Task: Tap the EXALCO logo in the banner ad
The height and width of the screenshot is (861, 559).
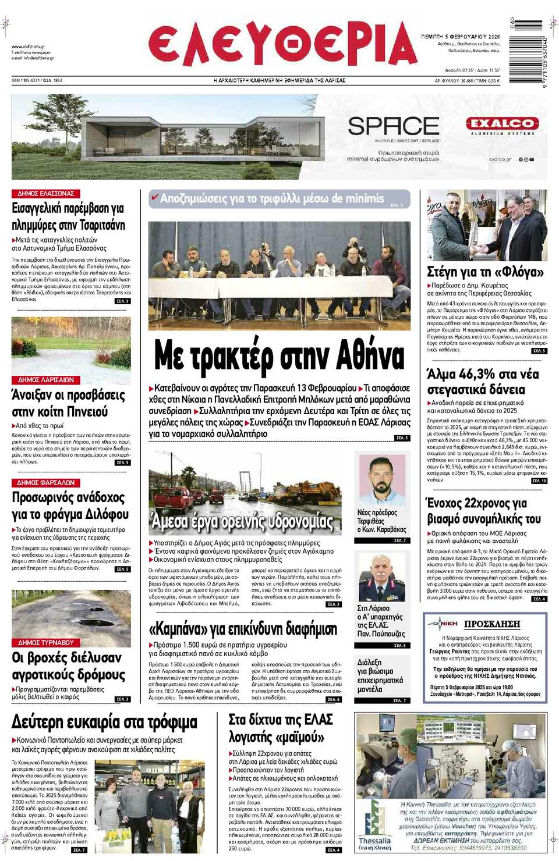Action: pos(502,124)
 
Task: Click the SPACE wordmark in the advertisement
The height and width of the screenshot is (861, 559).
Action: pos(394,126)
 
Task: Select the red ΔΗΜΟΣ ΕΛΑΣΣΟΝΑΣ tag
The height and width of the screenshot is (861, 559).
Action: pos(46,193)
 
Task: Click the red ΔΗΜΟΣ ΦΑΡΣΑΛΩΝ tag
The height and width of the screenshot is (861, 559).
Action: pos(46,482)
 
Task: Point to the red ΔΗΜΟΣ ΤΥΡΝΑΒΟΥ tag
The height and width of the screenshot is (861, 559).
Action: pos(46,642)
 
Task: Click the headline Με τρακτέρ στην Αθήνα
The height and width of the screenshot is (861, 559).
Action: pos(279,356)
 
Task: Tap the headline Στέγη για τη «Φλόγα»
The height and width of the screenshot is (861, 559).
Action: pos(485,272)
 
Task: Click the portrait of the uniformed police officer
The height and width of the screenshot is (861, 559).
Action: pos(381,578)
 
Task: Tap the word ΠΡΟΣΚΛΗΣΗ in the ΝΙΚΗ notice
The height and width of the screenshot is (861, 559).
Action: pos(492,624)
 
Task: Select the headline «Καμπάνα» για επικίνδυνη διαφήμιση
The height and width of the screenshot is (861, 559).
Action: pos(243,629)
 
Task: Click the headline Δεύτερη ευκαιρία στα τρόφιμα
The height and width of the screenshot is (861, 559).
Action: pos(104,722)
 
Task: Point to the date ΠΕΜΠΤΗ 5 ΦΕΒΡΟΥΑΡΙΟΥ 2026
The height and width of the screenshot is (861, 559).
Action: pos(460,36)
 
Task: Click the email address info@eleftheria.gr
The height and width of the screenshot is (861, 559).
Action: pos(33,58)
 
